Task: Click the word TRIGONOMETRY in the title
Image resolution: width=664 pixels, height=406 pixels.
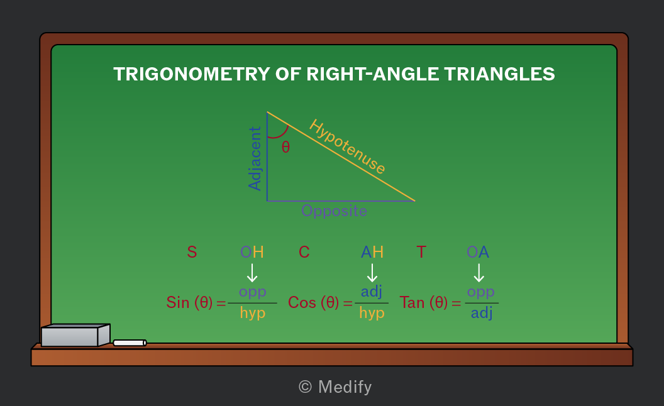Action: coord(192,74)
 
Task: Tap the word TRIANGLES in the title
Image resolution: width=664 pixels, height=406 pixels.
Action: coord(500,74)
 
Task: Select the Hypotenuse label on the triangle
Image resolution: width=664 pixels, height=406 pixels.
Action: coord(347,146)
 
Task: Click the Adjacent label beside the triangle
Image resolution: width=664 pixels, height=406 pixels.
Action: coord(255,159)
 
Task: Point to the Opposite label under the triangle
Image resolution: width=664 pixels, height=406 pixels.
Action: coord(334,211)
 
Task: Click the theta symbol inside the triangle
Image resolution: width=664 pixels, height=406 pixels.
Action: coord(286,147)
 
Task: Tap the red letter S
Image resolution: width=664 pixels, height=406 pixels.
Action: coord(192,252)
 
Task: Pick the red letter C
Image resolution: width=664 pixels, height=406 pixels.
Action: coord(304,252)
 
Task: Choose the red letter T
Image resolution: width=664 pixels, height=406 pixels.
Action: coord(421,252)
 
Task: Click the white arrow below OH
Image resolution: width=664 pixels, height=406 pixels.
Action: coord(252,273)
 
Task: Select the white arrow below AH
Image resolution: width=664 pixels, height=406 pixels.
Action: coord(372,273)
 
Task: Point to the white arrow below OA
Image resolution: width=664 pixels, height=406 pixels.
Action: coord(479,273)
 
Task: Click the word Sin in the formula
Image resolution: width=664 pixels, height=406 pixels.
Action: coord(177,302)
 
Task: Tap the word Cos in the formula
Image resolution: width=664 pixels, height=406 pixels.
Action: coord(302,302)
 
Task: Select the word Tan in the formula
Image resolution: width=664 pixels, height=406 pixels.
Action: coord(412,302)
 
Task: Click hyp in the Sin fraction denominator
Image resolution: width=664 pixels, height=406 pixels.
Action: coord(253,314)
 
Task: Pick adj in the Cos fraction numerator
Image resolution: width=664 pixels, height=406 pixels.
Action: coord(372,292)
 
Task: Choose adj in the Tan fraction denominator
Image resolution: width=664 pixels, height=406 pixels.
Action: coord(482,314)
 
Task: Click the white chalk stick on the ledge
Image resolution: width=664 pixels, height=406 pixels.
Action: coord(130,343)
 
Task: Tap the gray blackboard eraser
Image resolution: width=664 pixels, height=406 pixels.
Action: coord(75,336)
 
